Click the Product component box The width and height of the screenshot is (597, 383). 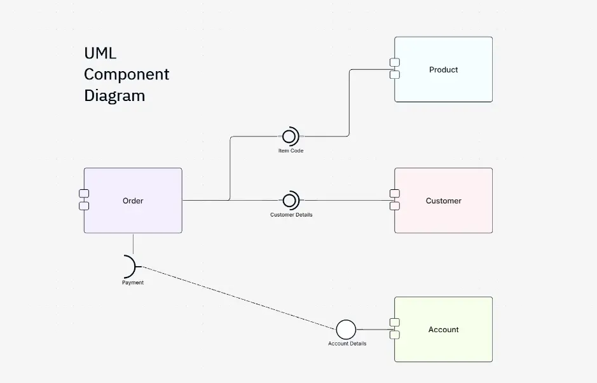(x=443, y=69)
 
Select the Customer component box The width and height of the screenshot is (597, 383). (x=443, y=201)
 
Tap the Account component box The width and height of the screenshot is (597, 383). (x=443, y=330)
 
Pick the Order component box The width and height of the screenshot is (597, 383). (x=133, y=201)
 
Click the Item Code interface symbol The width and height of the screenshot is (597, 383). (x=290, y=136)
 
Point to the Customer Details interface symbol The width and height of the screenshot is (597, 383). (x=290, y=200)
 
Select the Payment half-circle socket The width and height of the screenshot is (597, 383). (x=130, y=266)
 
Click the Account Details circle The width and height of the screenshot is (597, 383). (x=346, y=330)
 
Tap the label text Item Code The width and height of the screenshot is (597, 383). (x=291, y=151)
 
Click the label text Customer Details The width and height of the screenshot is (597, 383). (x=291, y=215)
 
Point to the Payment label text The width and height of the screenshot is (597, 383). (x=133, y=283)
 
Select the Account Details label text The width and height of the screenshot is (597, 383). (x=347, y=344)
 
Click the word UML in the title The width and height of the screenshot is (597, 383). (x=100, y=53)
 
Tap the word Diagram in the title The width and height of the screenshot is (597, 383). (x=114, y=96)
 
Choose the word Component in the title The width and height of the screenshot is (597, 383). (x=127, y=74)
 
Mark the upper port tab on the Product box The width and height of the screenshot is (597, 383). (x=395, y=62)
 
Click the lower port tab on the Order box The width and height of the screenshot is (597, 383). (x=84, y=206)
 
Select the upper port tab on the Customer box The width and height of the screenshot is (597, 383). (x=395, y=193)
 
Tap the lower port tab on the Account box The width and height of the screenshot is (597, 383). (x=395, y=335)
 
